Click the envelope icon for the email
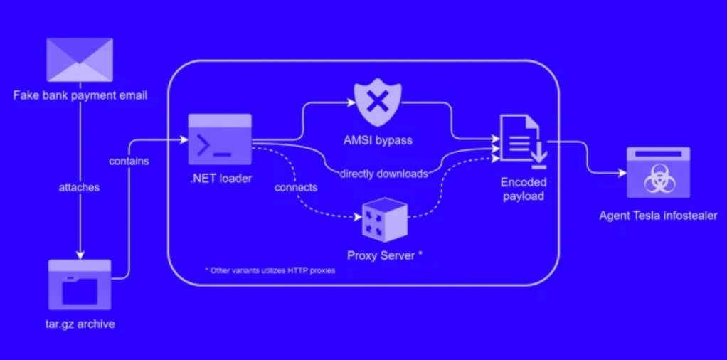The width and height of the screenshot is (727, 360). (80, 60)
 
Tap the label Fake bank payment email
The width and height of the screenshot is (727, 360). (80, 95)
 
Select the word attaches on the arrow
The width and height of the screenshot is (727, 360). (79, 188)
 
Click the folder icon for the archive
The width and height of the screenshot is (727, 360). (80, 284)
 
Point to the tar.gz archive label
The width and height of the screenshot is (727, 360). (80, 324)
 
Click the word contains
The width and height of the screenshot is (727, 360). (129, 162)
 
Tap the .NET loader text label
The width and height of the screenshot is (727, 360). (221, 179)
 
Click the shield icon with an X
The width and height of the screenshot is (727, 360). (378, 105)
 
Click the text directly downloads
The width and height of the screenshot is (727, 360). (383, 174)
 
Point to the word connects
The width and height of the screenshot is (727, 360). (296, 188)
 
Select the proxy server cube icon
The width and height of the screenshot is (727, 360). (384, 220)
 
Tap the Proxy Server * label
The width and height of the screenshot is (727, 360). (385, 255)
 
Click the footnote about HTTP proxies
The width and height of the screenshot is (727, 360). (270, 271)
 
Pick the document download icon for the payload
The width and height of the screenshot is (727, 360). (521, 138)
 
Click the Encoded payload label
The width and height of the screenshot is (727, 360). (523, 189)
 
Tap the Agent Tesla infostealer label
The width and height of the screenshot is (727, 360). (658, 216)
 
